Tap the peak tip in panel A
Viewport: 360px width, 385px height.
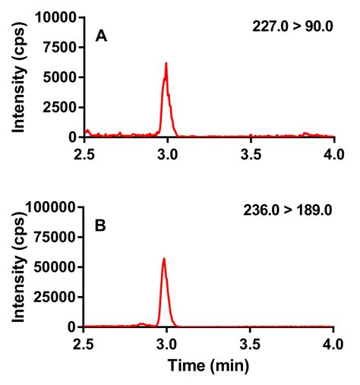[166, 64]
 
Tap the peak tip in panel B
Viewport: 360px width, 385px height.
[163, 259]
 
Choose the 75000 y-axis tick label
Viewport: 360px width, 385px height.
[59, 237]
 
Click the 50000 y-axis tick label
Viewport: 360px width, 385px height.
[59, 267]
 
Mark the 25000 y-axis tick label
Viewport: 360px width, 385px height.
[59, 297]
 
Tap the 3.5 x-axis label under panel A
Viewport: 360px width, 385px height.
[251, 154]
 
